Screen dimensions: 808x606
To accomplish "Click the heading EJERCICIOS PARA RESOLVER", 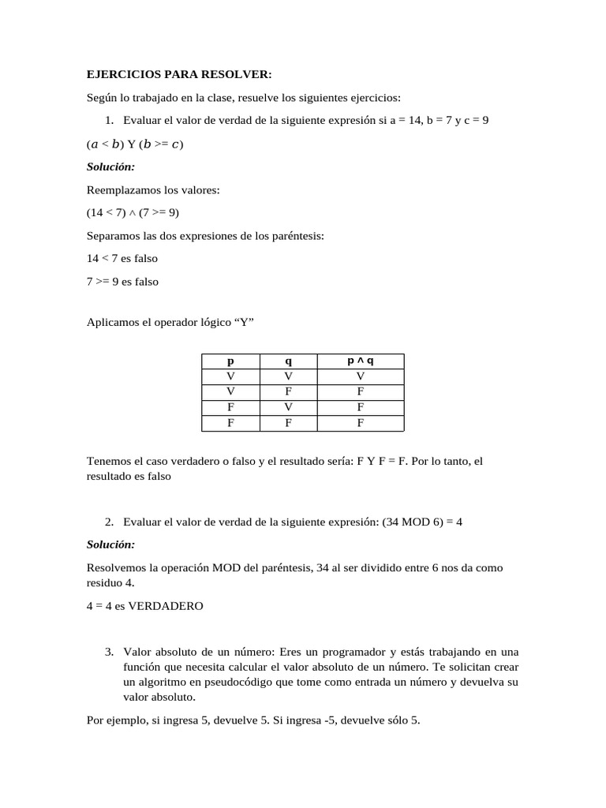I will (x=178, y=74).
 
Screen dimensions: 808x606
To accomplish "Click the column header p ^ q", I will (x=360, y=361).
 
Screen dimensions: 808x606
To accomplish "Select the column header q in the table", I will (x=288, y=361).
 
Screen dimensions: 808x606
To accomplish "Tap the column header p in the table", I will (x=230, y=361).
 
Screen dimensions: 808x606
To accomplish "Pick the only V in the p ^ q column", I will (x=360, y=376).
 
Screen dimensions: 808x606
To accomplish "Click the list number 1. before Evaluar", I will (x=110, y=120).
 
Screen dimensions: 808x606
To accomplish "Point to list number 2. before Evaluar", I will (x=110, y=522).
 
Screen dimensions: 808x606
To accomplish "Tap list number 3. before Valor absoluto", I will (x=110, y=652).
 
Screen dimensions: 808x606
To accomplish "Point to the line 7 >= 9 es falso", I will (x=122, y=281).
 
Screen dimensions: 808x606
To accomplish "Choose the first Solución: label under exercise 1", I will (x=110, y=167).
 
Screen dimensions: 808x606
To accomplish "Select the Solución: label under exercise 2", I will (x=110, y=544).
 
